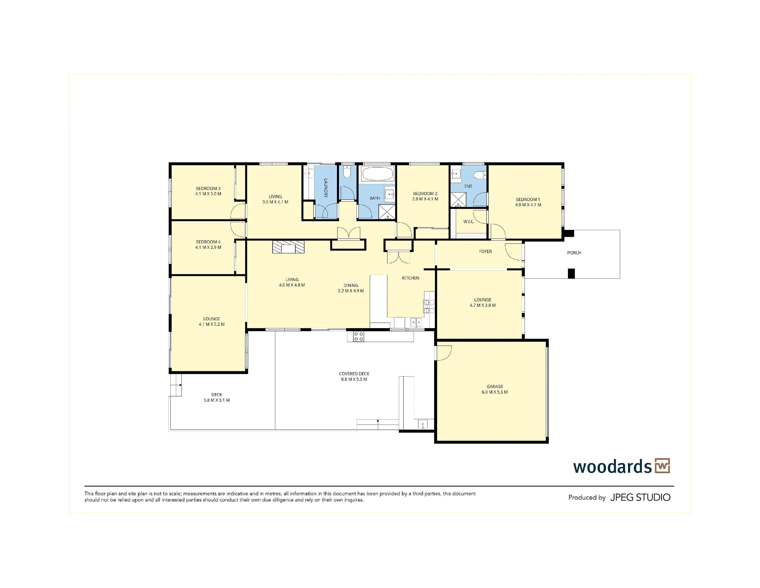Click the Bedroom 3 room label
click(208, 188)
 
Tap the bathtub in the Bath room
click(377, 174)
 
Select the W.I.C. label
click(469, 222)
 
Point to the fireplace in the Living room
click(288, 247)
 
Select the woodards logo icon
click(662, 466)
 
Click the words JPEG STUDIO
click(640, 497)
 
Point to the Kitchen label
click(411, 278)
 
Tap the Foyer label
click(485, 252)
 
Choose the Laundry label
click(326, 188)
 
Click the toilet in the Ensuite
click(481, 175)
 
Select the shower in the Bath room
click(387, 213)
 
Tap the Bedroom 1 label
click(528, 200)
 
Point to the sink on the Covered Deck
click(422, 424)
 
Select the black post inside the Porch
click(571, 273)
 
